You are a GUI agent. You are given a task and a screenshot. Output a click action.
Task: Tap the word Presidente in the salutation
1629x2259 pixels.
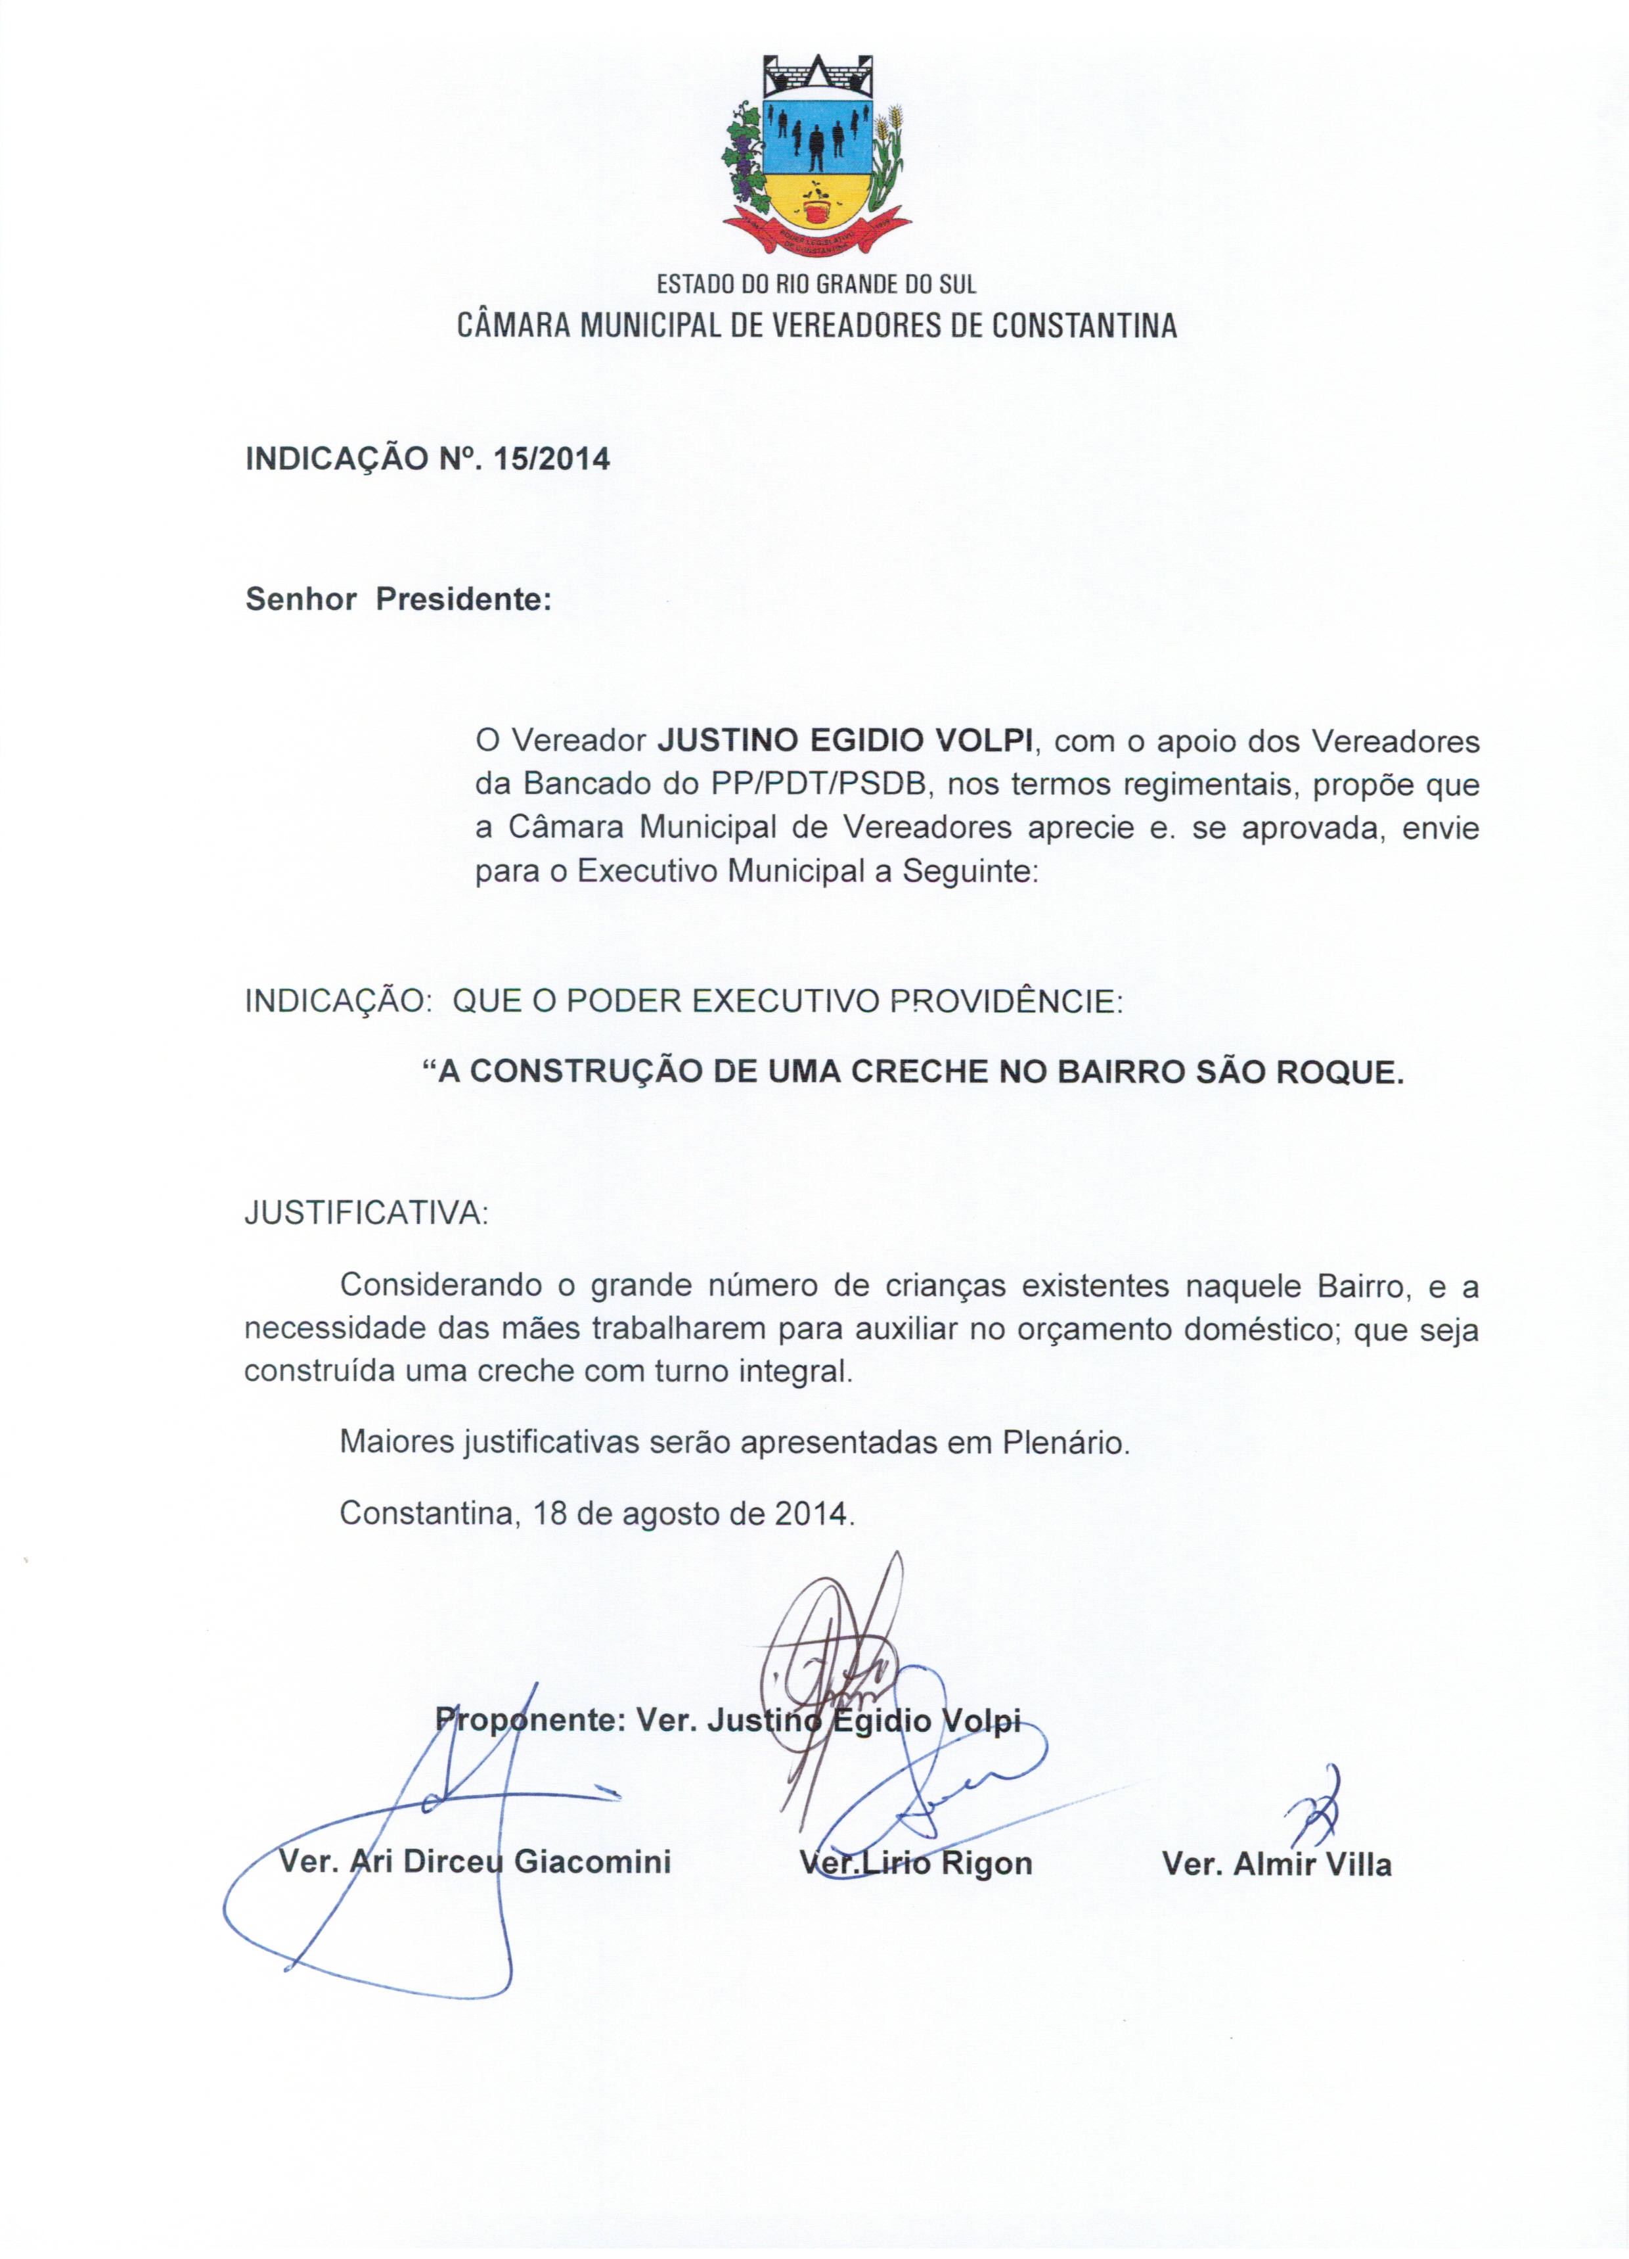tap(463, 599)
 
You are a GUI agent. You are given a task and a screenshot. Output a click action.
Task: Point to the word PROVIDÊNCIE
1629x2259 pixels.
tap(1006, 1001)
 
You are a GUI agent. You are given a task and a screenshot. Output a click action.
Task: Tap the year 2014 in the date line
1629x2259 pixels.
tap(811, 1514)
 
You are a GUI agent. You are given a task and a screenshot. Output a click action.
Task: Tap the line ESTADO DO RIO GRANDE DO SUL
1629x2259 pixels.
tap(816, 285)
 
